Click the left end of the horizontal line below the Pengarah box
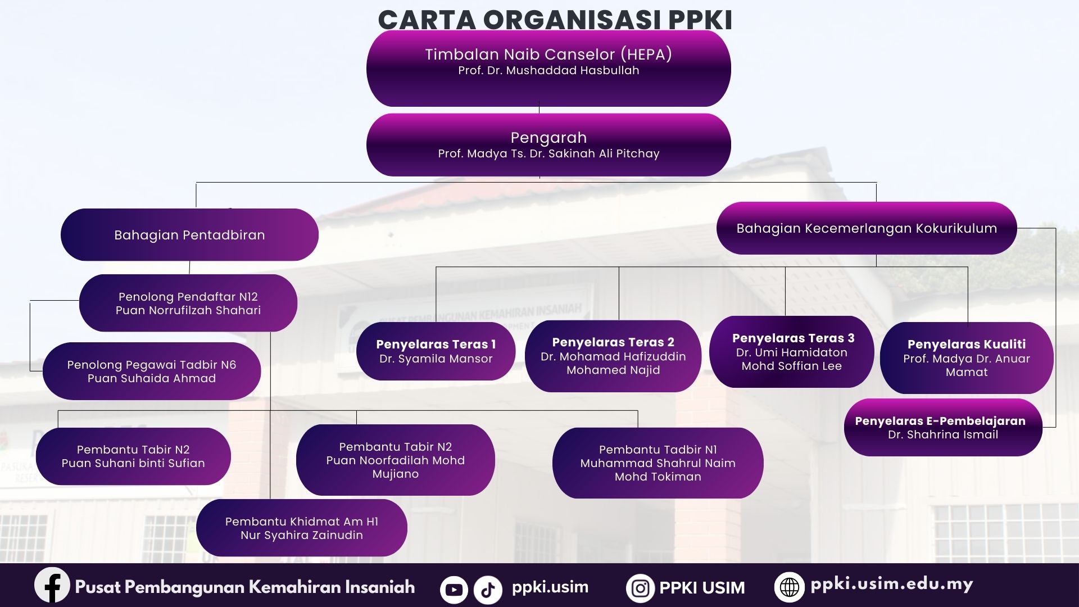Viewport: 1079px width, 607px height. (196, 183)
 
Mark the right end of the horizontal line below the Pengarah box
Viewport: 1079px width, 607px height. (876, 183)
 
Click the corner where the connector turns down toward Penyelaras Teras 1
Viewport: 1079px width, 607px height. (436, 267)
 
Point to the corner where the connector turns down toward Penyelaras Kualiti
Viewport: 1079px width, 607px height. (968, 267)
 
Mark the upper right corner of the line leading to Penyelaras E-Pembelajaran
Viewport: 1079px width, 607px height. (1055, 228)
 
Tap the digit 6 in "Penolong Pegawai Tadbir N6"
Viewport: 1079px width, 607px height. (233, 365)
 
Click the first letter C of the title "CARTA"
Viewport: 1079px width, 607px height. (388, 20)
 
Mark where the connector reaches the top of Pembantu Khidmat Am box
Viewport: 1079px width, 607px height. (270, 499)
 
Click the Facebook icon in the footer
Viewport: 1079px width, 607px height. (52, 585)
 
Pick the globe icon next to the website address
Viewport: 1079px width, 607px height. (789, 587)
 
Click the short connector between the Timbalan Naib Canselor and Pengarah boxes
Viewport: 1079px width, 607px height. (539, 107)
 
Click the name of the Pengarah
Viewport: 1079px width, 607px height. (548, 153)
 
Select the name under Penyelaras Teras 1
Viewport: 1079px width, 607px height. (436, 359)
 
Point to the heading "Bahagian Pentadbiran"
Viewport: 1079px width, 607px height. (189, 235)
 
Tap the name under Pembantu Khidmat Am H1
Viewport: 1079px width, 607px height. (302, 535)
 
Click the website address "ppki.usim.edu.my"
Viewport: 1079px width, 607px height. (891, 585)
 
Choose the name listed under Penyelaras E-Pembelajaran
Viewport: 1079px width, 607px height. (943, 434)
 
